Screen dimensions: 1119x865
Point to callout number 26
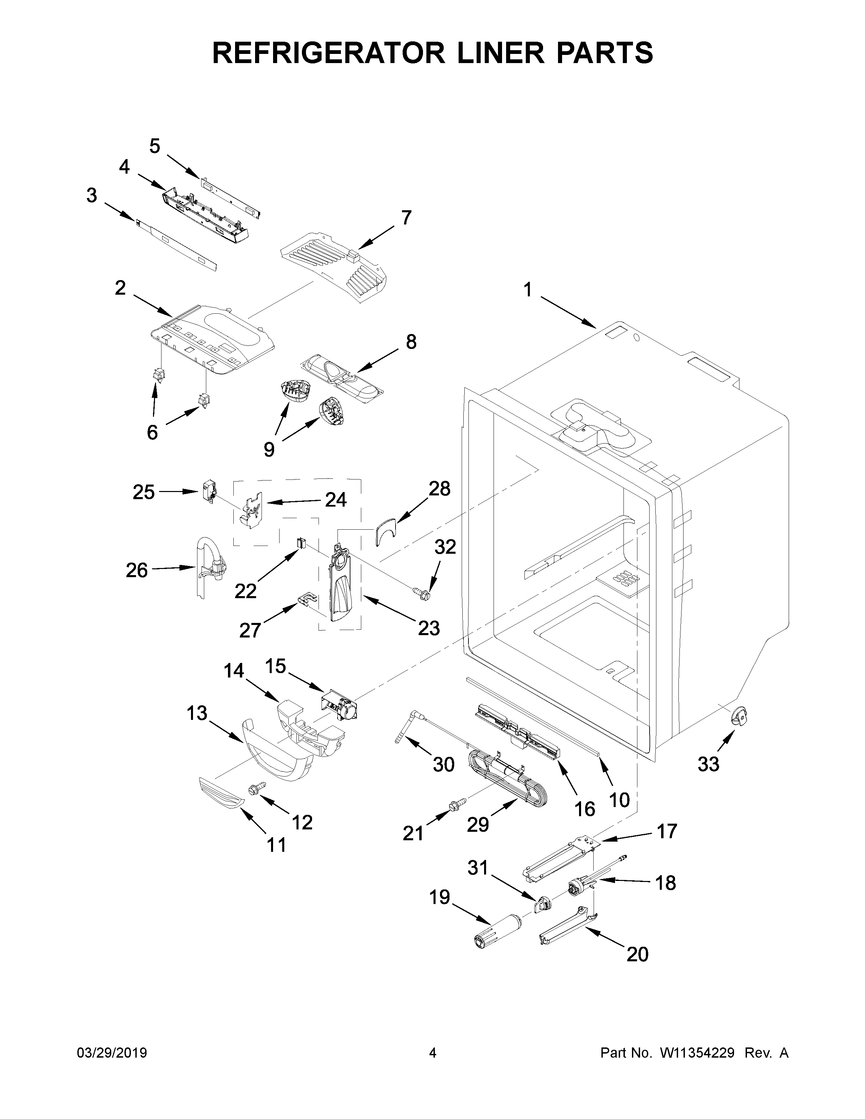click(136, 570)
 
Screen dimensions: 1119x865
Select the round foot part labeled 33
click(738, 715)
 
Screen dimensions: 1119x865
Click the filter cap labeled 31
click(542, 904)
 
